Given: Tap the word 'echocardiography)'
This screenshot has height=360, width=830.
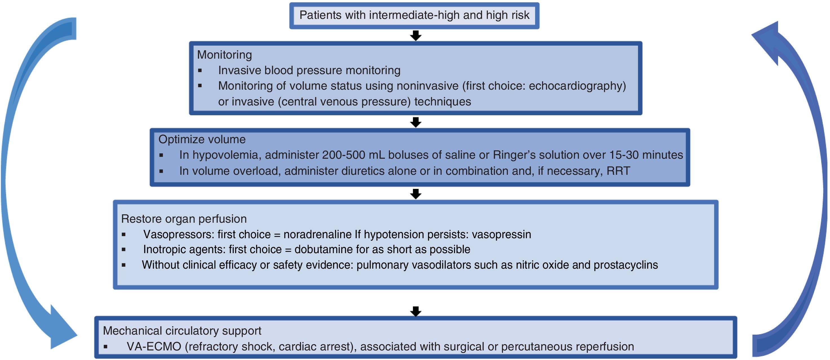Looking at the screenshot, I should tap(577, 86).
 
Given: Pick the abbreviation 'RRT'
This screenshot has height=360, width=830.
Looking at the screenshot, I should tap(618, 171).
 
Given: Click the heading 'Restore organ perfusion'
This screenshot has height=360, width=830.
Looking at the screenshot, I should tap(184, 219).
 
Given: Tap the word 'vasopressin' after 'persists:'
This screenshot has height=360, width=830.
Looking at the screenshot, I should tap(501, 234).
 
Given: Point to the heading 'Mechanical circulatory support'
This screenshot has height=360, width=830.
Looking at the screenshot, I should tap(182, 331).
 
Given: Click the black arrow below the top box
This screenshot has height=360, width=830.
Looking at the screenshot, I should tap(416, 36).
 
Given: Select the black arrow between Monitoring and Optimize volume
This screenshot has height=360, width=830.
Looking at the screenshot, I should tap(416, 122).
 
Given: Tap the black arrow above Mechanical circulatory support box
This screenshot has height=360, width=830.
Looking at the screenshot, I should tap(416, 311).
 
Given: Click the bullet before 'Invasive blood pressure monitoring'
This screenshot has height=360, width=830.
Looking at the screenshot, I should tap(200, 70).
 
